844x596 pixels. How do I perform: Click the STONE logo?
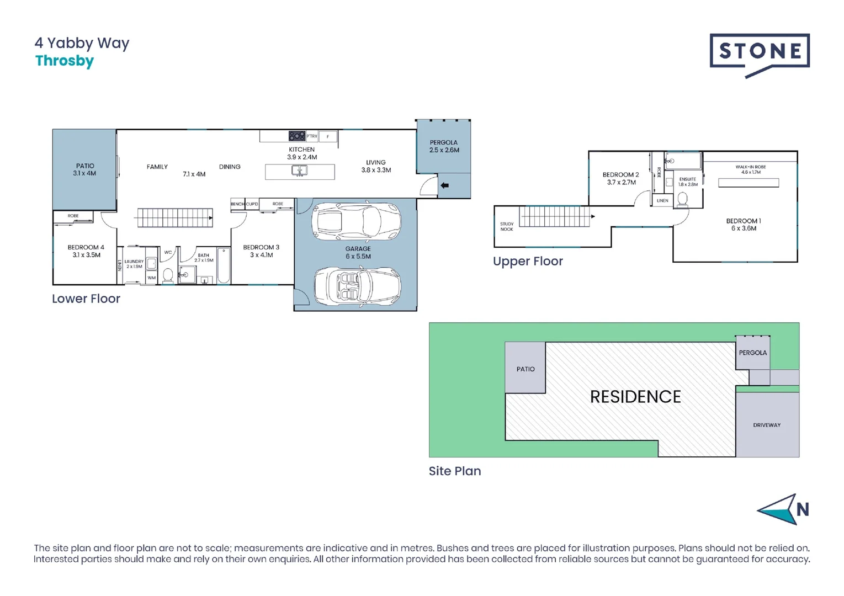pos(760,55)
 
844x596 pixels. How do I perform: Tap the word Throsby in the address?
pos(65,61)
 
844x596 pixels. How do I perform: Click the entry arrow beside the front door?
pos(444,185)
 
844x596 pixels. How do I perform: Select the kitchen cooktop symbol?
pos(297,136)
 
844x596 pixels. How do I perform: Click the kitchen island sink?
pos(300,171)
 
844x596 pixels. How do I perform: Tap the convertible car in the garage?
pos(357,286)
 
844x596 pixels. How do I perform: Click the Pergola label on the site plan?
pos(753,353)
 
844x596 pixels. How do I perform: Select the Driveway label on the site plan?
pos(767,425)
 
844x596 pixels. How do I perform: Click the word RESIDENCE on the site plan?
pos(636,397)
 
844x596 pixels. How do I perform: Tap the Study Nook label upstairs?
pos(507,226)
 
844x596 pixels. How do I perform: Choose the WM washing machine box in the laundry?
pos(151,278)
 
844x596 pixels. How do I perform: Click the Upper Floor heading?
pos(528,261)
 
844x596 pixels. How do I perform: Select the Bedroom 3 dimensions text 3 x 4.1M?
pos(261,255)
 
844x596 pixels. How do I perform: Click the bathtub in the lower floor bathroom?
pos(224,265)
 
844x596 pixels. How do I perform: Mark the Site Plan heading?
pos(455,471)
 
